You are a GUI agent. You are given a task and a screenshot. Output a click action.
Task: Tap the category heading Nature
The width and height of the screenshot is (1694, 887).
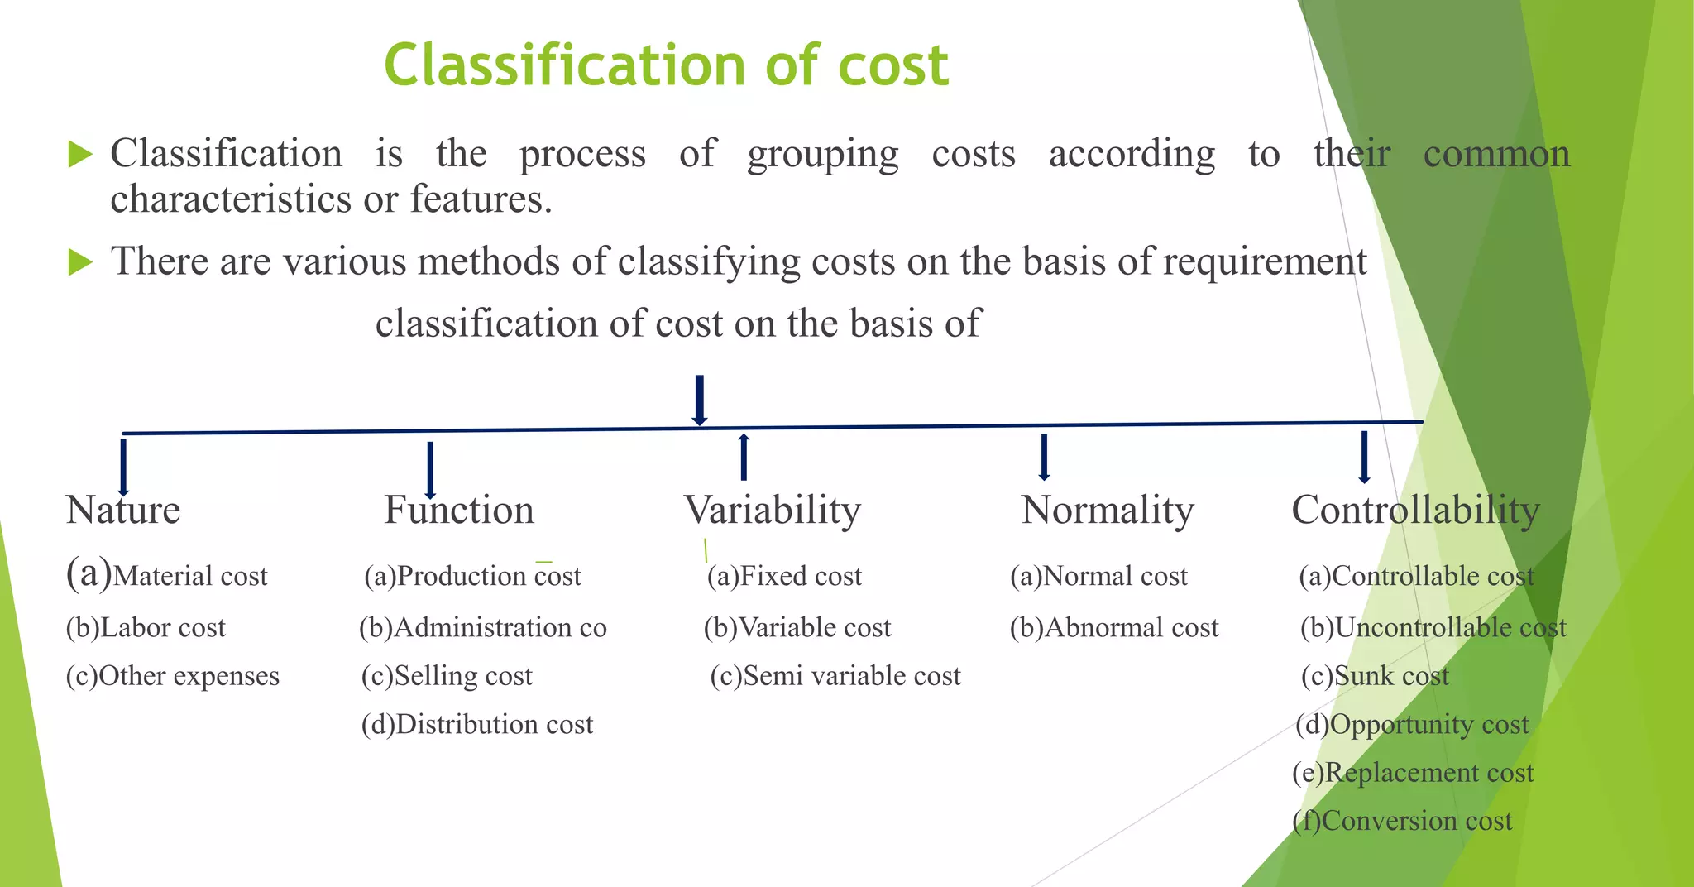coord(123,510)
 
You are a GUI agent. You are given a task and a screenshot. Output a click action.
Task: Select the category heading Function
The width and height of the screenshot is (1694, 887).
coord(459,510)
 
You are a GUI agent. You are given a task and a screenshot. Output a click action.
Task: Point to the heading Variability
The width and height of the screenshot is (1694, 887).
coord(773,510)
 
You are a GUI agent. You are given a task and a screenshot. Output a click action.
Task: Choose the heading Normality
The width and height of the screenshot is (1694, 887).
coord(1108,510)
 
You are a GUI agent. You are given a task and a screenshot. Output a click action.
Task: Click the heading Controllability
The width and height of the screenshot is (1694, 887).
coord(1415,510)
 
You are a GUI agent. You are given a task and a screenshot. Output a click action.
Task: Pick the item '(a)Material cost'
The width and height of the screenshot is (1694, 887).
coord(167,575)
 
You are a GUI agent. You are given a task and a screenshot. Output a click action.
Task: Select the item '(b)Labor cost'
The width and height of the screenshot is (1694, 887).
coord(146,627)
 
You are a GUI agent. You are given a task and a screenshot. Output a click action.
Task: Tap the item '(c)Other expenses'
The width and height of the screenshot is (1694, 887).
coord(173,676)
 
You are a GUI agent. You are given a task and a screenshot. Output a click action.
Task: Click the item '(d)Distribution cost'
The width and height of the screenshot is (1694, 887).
coord(477,724)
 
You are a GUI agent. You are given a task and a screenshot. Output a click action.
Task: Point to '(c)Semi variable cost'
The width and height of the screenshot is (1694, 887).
coord(835,676)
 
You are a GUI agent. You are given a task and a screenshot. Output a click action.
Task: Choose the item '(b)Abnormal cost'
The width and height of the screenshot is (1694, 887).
coord(1114,627)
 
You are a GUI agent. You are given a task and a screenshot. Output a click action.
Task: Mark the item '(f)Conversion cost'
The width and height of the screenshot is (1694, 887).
coord(1402,820)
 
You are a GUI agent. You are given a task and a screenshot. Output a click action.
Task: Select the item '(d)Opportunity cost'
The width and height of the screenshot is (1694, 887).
coord(1412,724)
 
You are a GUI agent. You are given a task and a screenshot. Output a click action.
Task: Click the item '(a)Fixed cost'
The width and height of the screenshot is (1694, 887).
coord(784,575)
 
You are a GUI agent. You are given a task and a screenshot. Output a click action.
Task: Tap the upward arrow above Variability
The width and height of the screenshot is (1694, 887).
coord(744,456)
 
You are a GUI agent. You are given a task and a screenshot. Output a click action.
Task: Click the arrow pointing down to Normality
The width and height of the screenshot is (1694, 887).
coord(1044,457)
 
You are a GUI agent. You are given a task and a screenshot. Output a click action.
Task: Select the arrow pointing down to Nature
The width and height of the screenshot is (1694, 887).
coord(123,467)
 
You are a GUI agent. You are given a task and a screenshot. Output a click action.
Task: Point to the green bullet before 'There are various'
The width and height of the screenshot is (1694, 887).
coord(79,262)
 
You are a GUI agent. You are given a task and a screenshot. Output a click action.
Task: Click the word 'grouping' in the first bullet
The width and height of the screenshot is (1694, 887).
coord(822,155)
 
